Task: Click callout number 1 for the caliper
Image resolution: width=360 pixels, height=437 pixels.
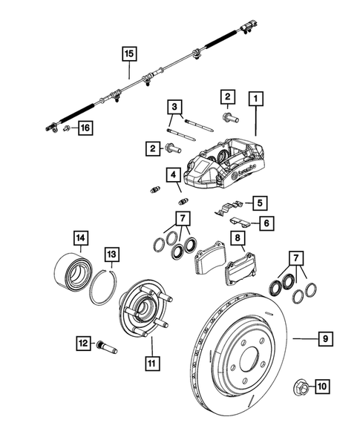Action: pyautogui.click(x=256, y=97)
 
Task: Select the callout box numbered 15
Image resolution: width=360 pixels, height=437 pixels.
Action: pyautogui.click(x=129, y=53)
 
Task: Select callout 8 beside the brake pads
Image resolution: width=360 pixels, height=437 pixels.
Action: pyautogui.click(x=238, y=238)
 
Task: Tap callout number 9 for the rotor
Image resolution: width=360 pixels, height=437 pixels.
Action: pyautogui.click(x=325, y=339)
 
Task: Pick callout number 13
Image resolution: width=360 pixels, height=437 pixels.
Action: pyautogui.click(x=110, y=255)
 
